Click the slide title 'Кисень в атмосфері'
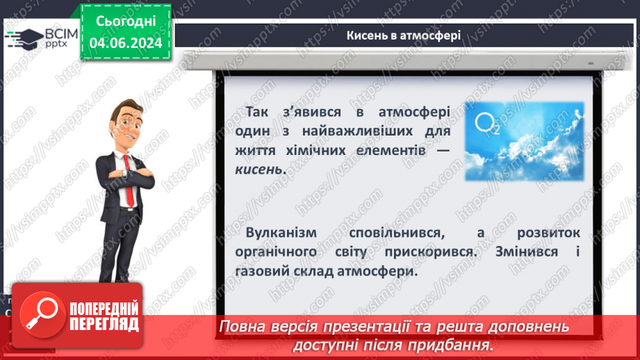click(x=403, y=35)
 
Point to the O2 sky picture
click(x=523, y=141)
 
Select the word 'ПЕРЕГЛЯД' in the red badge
click(x=103, y=323)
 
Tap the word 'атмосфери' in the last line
click(x=384, y=272)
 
